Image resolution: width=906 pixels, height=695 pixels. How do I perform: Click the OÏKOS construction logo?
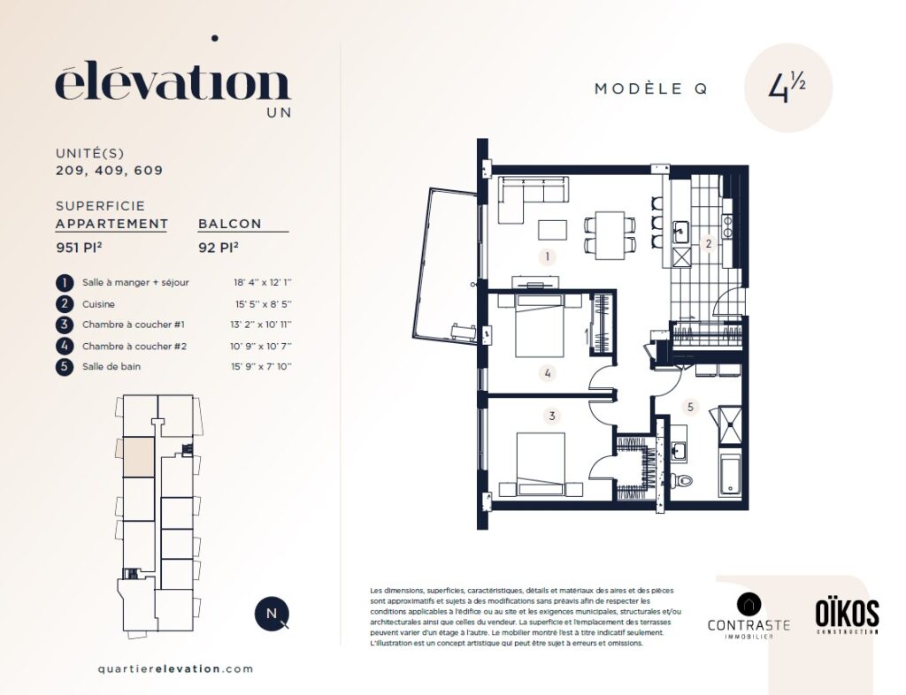(x=847, y=616)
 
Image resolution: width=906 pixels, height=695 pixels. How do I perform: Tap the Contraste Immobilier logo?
(x=749, y=616)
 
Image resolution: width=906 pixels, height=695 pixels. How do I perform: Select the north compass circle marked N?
(x=273, y=614)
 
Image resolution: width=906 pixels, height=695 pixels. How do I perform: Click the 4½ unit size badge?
(x=787, y=88)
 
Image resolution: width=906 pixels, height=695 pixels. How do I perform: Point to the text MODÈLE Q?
(x=651, y=89)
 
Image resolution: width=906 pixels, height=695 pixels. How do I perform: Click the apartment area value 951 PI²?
(x=79, y=248)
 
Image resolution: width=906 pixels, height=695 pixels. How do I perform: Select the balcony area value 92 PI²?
(x=219, y=248)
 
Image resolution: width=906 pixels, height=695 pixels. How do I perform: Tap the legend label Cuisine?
(x=98, y=304)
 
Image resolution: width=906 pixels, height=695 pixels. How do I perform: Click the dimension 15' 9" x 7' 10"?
(x=261, y=367)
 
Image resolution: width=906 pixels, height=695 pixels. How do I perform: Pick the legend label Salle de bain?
(x=111, y=367)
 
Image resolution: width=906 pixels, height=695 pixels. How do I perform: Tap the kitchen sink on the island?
(x=681, y=232)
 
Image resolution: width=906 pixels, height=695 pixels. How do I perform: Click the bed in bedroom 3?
(x=541, y=464)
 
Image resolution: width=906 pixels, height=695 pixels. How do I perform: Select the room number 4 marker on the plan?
(x=547, y=373)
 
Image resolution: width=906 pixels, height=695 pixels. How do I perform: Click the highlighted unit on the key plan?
(x=139, y=456)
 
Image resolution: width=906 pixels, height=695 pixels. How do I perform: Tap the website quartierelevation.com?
(x=176, y=669)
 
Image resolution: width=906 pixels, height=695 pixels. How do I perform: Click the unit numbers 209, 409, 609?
(x=109, y=171)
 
